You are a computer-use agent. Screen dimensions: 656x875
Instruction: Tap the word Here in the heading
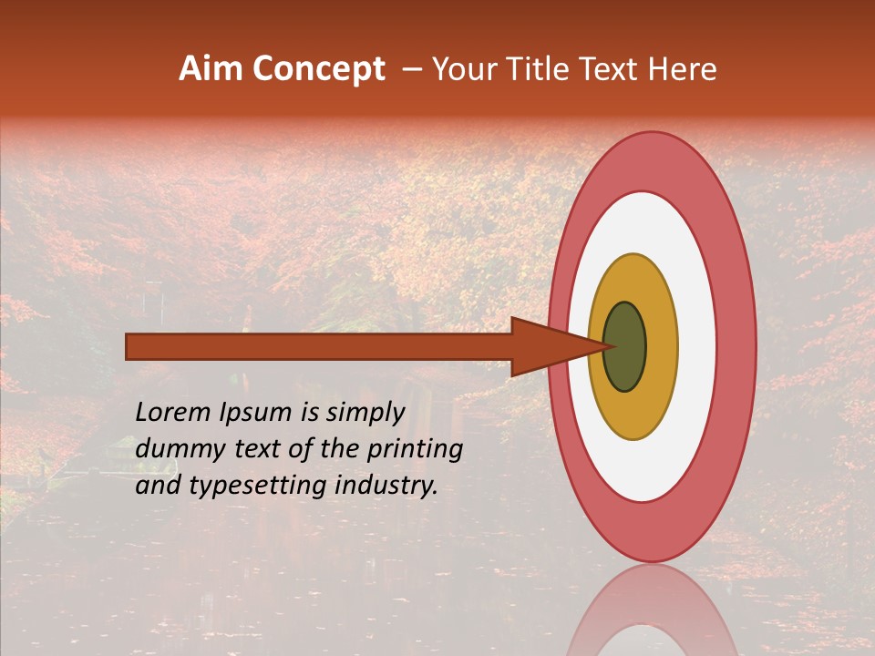pyautogui.click(x=685, y=69)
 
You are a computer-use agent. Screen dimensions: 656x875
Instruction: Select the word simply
pyautogui.click(x=363, y=414)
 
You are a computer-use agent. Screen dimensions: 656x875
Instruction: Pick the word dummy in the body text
pyautogui.click(x=173, y=449)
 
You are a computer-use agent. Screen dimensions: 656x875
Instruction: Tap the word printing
pyautogui.click(x=416, y=450)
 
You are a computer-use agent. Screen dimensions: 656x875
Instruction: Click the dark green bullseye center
pyautogui.click(x=625, y=346)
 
